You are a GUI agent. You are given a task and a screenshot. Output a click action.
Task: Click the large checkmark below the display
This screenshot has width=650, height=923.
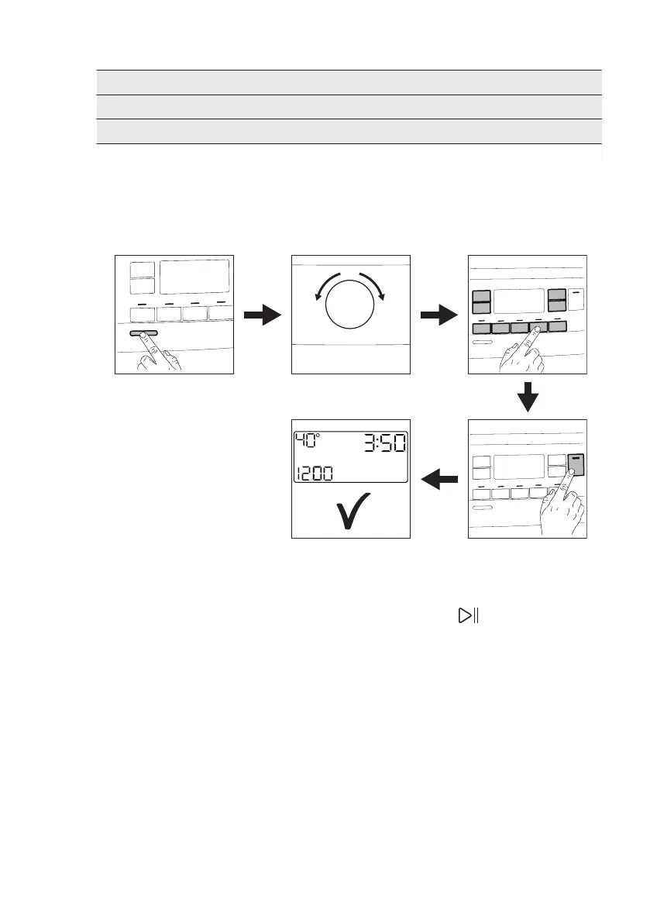(353, 512)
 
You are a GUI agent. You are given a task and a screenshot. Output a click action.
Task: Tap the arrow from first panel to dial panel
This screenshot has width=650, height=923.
(261, 315)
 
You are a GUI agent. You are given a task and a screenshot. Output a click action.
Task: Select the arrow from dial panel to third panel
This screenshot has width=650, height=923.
(438, 315)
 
